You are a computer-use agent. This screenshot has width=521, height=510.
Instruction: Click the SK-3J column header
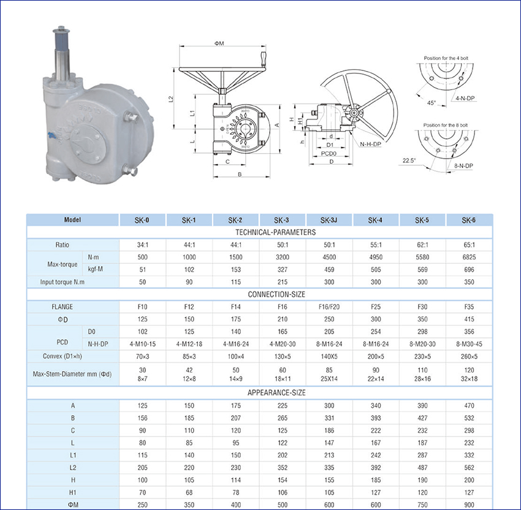(x=329, y=220)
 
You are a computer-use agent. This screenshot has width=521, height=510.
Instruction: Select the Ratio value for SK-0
(x=143, y=245)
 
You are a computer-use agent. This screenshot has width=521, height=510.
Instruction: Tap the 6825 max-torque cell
(x=469, y=257)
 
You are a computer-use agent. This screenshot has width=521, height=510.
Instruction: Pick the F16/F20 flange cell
(x=329, y=307)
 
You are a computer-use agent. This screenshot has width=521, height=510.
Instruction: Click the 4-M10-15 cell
(x=143, y=344)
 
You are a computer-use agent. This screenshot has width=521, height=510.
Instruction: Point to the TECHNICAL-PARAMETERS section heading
(x=275, y=232)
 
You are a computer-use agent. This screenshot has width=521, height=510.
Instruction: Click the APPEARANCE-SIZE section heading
(x=276, y=393)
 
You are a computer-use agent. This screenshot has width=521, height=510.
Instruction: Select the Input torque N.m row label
(x=62, y=282)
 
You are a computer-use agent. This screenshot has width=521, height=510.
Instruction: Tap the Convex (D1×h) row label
(x=62, y=356)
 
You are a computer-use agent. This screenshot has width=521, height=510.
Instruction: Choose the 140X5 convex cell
(x=329, y=357)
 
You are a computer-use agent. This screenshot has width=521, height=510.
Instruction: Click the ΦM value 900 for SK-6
(x=469, y=505)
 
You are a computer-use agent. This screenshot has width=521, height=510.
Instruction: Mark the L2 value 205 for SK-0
(x=143, y=468)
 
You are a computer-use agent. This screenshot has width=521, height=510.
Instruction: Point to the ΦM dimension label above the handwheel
(x=219, y=43)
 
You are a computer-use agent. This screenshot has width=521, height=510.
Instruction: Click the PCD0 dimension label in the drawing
(x=329, y=154)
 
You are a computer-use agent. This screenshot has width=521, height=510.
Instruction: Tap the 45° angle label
(x=432, y=103)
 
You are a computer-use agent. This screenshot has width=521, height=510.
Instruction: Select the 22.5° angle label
(x=409, y=160)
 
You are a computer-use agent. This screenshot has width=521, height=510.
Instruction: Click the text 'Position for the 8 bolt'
(x=445, y=125)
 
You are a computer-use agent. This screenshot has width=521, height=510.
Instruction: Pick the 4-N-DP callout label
(x=465, y=98)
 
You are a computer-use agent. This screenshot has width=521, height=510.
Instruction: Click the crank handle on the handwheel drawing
(x=264, y=60)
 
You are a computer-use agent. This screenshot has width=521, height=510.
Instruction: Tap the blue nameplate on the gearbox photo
(x=51, y=135)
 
